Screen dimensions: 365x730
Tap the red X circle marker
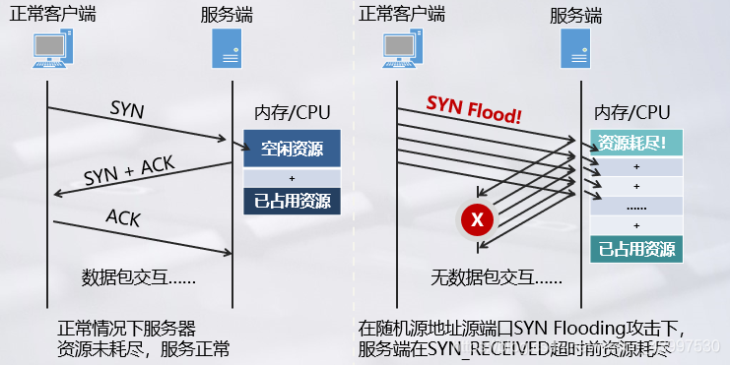478,220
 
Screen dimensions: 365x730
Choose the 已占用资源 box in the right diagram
635,249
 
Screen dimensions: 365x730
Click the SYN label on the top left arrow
127,109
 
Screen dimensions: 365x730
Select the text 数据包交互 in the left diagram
138,277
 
